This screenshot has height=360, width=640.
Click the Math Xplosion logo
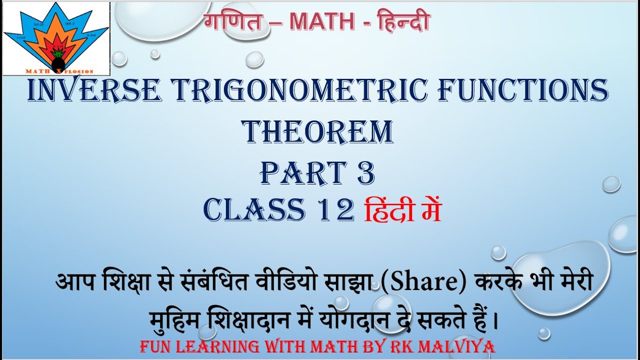click(56, 39)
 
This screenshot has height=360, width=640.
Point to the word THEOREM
click(317, 132)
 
